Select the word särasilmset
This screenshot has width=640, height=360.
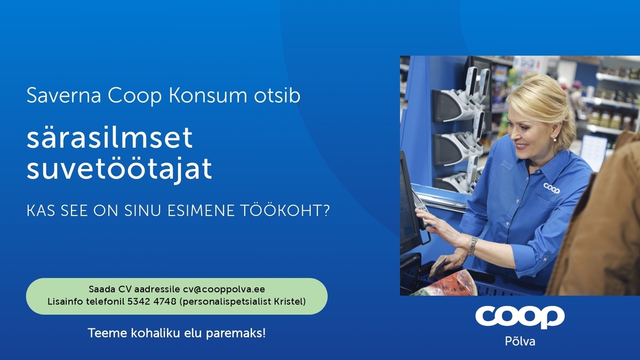pos(109,139)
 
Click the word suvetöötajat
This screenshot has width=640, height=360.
pos(119,169)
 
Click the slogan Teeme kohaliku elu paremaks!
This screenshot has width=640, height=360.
pos(177,334)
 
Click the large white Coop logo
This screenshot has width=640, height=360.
pos(519,317)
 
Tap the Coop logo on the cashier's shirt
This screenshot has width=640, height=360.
pos(551,187)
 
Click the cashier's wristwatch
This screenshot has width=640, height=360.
pos(472,246)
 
